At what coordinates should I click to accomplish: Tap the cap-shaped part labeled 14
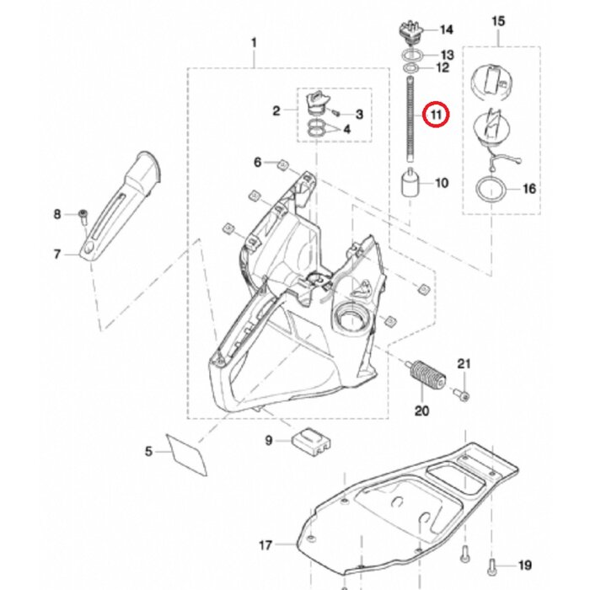coord(409,30)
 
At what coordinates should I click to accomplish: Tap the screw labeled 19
coord(492,564)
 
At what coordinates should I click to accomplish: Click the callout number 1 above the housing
coord(255,41)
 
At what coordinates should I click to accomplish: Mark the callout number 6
coord(259,161)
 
